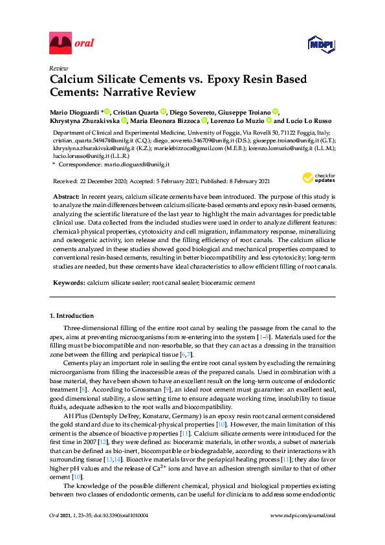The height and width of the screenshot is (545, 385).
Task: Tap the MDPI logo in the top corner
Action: (322, 44)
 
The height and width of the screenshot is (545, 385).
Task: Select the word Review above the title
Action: (59, 68)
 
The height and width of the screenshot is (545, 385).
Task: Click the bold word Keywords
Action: (67, 282)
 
